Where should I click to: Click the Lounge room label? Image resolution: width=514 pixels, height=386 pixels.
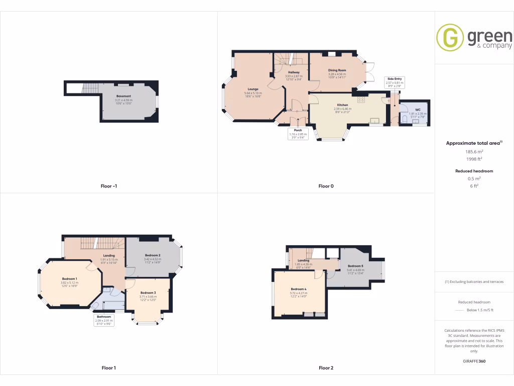(x=252, y=89)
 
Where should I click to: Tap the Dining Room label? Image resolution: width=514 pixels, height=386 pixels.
(x=337, y=70)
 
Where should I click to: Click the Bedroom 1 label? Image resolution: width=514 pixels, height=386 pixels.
(x=69, y=278)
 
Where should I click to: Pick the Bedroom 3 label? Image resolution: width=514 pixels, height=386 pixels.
(x=148, y=293)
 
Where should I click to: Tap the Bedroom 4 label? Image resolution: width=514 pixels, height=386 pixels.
(x=298, y=289)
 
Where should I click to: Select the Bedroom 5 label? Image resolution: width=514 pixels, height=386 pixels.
(x=355, y=265)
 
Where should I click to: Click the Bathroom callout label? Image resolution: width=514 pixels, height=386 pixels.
(x=104, y=317)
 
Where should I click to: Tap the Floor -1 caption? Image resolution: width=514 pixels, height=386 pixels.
(x=109, y=186)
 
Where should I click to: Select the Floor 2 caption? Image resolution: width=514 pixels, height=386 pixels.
(x=326, y=368)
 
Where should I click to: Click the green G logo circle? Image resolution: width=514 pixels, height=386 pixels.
(x=450, y=38)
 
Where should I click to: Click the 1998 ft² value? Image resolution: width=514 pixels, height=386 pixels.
(x=474, y=159)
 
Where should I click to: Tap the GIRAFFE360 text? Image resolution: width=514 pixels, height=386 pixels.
(x=474, y=361)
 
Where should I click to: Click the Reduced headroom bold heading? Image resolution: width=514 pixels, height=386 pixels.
(x=474, y=171)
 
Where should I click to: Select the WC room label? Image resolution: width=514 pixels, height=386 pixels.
(x=418, y=110)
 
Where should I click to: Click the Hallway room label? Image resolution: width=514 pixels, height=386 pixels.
(x=294, y=72)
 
